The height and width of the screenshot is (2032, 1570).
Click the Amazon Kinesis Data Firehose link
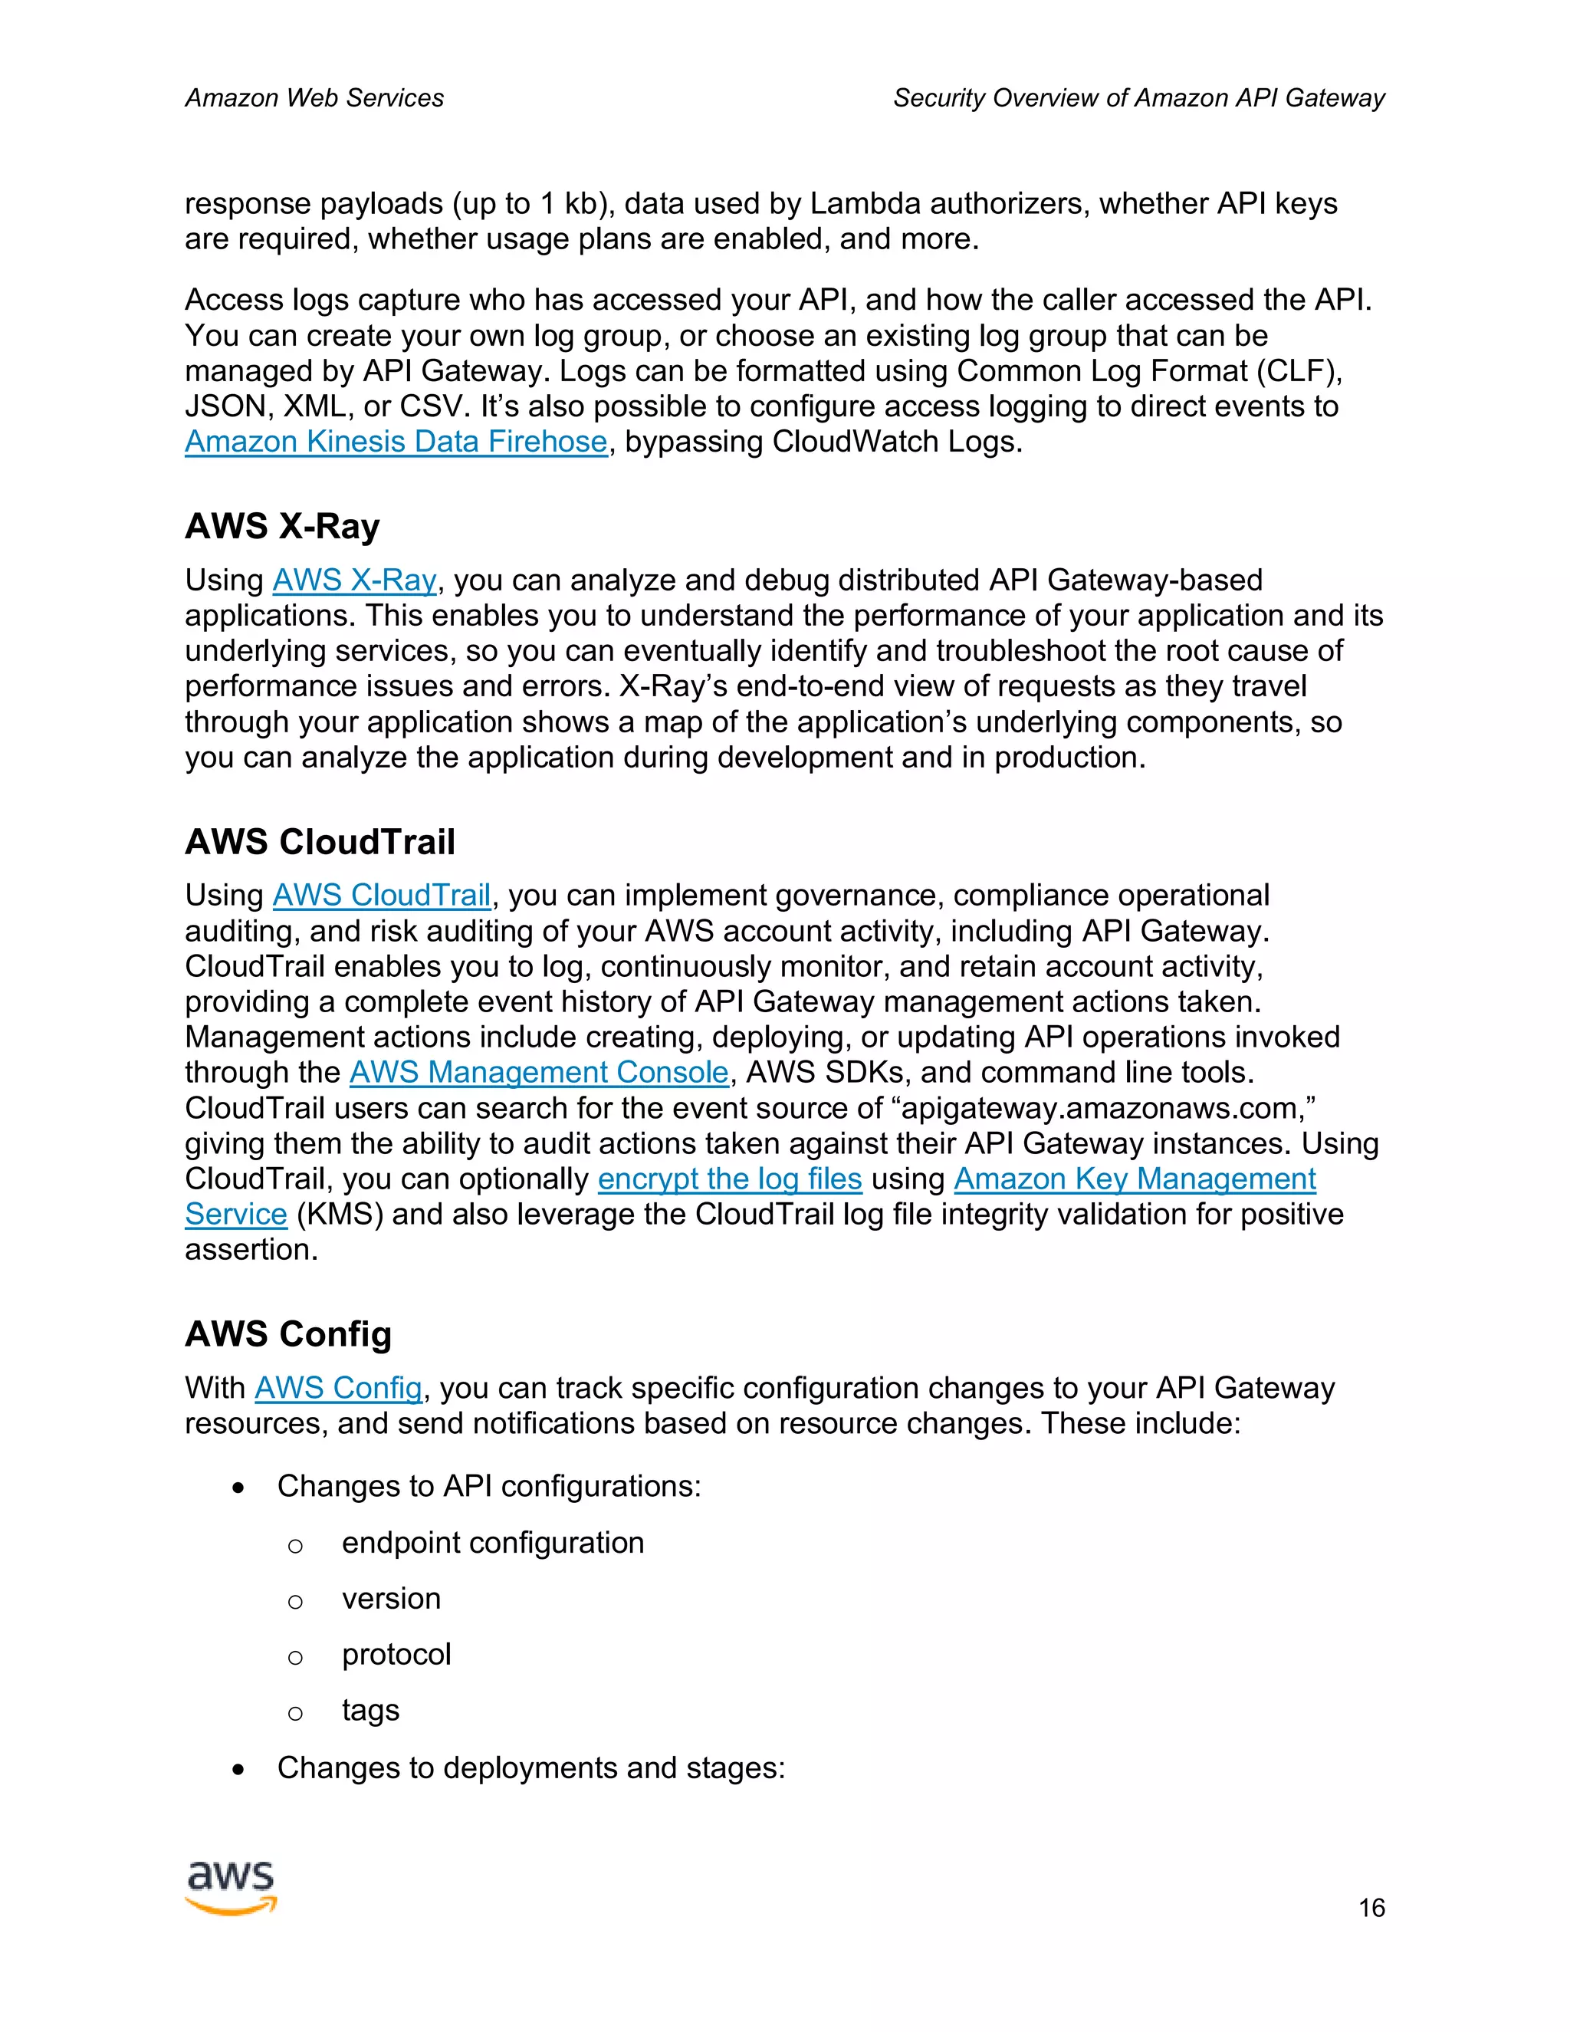396,442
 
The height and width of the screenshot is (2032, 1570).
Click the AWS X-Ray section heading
282,527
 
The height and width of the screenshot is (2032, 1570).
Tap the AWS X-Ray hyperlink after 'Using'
353,580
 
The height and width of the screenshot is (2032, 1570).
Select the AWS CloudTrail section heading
320,842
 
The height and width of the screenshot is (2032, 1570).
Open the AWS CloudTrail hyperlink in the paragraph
381,896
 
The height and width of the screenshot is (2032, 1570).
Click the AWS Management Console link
538,1073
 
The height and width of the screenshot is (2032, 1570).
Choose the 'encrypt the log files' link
729,1179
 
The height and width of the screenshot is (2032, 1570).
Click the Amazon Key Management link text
1134,1179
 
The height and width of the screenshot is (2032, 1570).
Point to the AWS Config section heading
288,1334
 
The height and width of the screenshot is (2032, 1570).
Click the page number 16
1371,1909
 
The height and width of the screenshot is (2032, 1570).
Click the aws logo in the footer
231,1889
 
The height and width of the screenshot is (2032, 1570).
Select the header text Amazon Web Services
314,97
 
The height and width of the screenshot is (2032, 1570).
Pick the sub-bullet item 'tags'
370,1710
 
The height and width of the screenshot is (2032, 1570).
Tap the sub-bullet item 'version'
391,1599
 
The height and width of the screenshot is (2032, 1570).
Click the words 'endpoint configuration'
493,1543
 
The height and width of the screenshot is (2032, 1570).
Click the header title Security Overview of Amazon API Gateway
1138,97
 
